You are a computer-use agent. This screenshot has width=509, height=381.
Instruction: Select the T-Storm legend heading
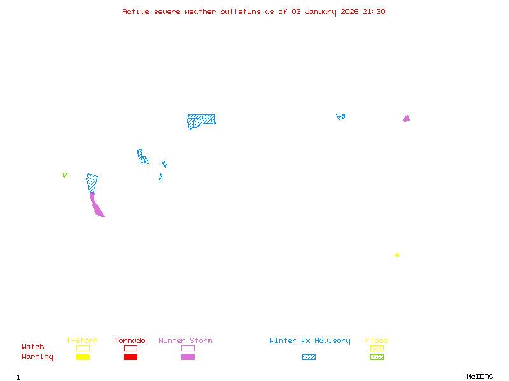click(82, 341)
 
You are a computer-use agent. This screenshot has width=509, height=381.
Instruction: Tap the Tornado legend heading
click(130, 341)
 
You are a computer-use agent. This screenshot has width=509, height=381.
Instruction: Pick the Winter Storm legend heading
click(185, 341)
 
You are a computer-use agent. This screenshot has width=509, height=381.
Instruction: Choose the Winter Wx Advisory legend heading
click(310, 341)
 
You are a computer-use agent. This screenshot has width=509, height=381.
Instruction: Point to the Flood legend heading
click(377, 341)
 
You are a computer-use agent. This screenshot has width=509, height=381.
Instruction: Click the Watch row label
click(33, 347)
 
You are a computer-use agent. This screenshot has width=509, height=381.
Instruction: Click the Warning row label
click(38, 357)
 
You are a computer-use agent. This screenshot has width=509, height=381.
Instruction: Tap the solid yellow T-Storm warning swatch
click(83, 358)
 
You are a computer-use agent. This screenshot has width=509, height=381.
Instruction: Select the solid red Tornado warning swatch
click(130, 358)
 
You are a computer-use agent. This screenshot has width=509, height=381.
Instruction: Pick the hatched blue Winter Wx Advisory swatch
click(309, 358)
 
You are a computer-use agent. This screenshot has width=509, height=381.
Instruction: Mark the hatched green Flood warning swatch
click(377, 358)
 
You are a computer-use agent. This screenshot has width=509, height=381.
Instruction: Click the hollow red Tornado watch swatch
click(130, 348)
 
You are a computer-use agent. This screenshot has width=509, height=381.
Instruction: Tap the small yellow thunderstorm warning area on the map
click(397, 255)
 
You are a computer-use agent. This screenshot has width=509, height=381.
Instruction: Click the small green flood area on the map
click(65, 175)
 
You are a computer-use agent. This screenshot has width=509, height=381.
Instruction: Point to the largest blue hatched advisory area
click(201, 120)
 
